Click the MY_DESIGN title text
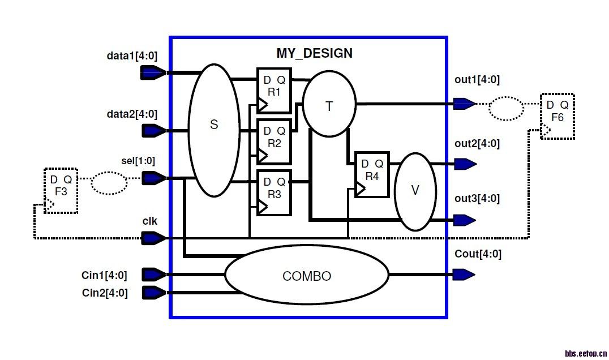314,53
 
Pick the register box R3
274,192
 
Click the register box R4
372,174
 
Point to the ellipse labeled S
214,130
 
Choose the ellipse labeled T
329,104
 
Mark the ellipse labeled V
415,191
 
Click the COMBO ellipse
307,276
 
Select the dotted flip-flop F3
61,190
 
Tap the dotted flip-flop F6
557,116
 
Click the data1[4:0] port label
132,56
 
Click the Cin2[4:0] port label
105,293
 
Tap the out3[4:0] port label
477,199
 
